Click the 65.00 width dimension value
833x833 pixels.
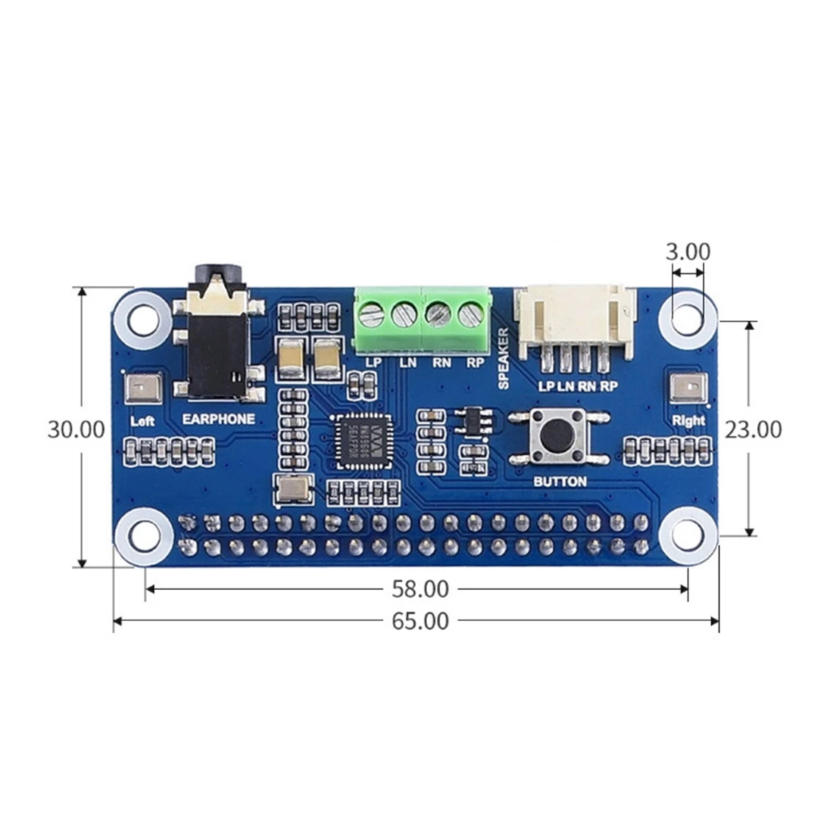(420, 621)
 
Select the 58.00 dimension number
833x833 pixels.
(420, 588)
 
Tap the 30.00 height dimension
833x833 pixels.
(76, 429)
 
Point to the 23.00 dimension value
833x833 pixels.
(753, 429)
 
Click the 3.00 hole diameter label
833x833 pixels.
(688, 251)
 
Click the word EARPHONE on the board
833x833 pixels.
(219, 419)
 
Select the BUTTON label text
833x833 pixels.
(560, 482)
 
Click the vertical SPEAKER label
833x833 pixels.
(504, 358)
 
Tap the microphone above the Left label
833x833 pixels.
(142, 389)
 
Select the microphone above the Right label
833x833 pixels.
(688, 388)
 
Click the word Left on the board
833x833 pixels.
(142, 421)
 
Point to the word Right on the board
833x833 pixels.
(688, 420)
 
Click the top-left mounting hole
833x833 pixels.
(142, 320)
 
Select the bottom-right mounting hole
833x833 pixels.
(688, 535)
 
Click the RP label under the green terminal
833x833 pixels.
(476, 363)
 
